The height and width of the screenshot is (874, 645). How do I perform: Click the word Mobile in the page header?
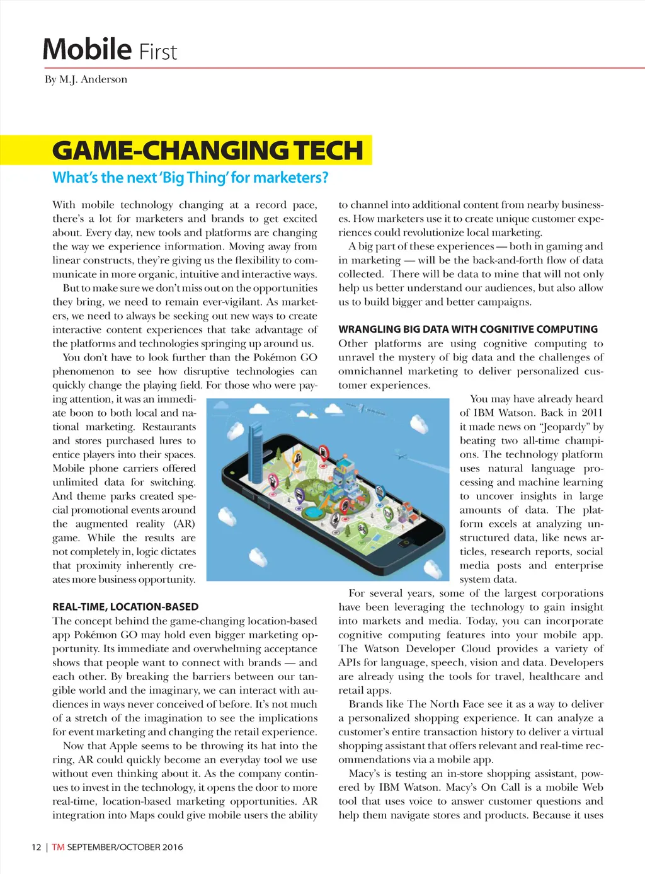[87, 50]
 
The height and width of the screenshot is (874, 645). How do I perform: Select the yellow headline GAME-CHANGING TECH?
[208, 151]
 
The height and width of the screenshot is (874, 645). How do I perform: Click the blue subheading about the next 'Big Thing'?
[190, 178]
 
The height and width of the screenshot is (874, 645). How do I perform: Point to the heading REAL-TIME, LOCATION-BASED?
[125, 607]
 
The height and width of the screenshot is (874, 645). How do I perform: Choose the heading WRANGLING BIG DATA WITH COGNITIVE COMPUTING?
[468, 329]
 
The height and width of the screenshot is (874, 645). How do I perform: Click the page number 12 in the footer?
[37, 847]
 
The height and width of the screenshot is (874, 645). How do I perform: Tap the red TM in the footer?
[58, 847]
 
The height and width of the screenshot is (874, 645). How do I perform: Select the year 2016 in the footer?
[173, 847]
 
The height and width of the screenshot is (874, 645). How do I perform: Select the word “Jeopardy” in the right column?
[564, 427]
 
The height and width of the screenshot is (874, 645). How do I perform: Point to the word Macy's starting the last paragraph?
[365, 773]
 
